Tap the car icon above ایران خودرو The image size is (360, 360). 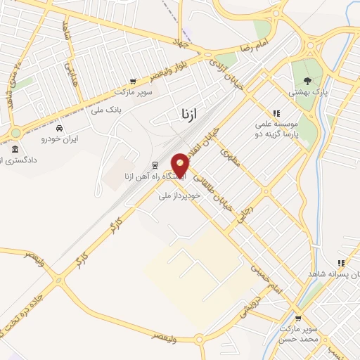[60, 129]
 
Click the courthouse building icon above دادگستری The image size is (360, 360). [15, 149]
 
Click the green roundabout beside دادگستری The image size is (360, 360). [15, 133]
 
